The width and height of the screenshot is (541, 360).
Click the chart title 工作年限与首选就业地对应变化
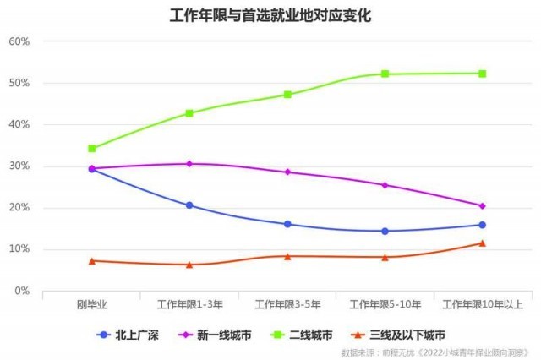[270, 14]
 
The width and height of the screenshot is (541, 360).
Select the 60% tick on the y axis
[19, 41]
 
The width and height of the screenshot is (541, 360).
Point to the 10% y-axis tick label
[19, 249]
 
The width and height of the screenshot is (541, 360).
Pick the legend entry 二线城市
[304, 335]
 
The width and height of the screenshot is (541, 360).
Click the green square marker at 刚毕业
[92, 149]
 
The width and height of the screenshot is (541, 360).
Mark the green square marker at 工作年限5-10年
[385, 74]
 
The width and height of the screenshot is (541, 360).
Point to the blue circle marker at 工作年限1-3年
[189, 205]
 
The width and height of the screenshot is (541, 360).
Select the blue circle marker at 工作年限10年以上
[482, 225]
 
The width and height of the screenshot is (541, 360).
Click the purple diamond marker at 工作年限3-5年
[287, 172]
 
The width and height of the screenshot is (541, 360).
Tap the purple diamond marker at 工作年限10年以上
[482, 206]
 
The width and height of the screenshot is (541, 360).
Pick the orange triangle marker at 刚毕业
[92, 260]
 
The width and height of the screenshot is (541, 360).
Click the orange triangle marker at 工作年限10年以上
[482, 243]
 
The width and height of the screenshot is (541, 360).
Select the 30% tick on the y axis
[19, 166]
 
